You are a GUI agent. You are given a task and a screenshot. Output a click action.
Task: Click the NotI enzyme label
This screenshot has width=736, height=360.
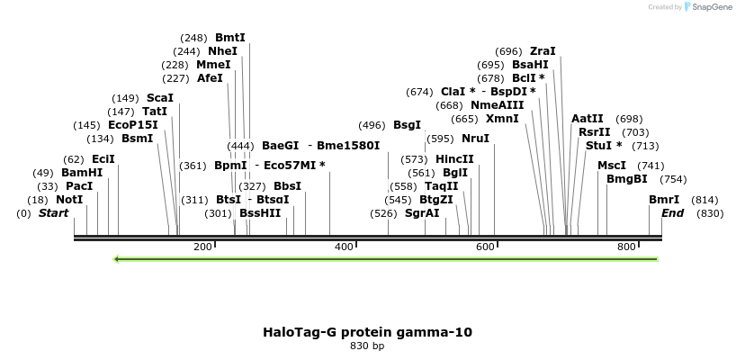[x=69, y=200]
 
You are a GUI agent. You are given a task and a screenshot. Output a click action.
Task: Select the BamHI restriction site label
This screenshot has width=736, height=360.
[x=82, y=173]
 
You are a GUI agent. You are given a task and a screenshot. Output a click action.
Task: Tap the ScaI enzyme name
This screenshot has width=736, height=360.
[x=159, y=98]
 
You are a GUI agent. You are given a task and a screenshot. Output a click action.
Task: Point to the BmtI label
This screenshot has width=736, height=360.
[x=229, y=38]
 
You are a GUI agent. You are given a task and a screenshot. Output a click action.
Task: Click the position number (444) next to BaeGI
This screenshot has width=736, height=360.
[x=240, y=146]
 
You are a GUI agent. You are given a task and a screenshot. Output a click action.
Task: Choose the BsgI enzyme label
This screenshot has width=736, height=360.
[x=407, y=125]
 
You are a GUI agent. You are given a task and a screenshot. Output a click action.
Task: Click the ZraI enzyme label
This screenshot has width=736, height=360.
[x=543, y=51]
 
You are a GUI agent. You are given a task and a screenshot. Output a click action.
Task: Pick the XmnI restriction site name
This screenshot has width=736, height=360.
[x=502, y=119]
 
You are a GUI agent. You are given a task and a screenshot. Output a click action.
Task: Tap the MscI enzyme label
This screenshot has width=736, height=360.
[x=612, y=166]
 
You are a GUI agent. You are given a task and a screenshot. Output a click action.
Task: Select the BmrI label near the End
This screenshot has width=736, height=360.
[x=664, y=200]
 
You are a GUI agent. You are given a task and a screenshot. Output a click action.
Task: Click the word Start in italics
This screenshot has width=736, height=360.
[x=54, y=213]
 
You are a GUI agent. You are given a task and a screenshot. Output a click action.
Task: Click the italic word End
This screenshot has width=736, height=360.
[x=672, y=213]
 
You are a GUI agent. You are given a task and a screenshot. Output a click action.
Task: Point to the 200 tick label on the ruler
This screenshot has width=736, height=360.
[x=202, y=247]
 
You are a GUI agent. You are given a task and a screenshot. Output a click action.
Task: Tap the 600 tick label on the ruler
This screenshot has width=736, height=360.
[x=485, y=247]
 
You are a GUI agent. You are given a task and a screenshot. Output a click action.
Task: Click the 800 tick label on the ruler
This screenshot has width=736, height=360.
[x=626, y=247]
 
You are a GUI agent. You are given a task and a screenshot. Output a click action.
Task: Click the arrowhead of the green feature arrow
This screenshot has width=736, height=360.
[x=117, y=259]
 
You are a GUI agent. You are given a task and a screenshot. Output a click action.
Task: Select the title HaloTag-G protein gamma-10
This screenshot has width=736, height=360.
[x=367, y=332]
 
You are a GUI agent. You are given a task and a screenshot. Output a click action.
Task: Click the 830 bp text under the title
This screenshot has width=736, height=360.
[x=367, y=346]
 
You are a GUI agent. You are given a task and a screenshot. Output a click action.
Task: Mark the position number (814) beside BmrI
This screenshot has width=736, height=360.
[x=705, y=200]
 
